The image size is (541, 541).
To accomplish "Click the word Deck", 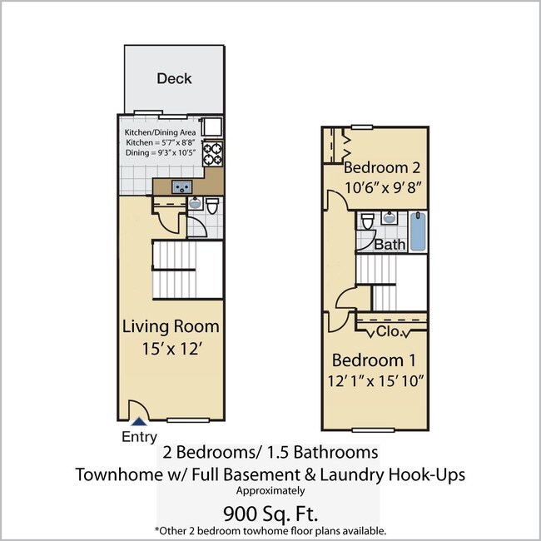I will point(174,78).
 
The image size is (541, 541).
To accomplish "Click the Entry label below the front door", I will point(138,437).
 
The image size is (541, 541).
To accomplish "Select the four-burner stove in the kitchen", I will point(213,156).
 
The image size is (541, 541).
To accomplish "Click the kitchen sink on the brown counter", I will point(182,186).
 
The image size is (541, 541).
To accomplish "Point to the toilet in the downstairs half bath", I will point(211,205).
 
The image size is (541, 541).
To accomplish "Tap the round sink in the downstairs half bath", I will point(195,203).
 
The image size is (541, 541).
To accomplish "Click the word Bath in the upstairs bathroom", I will point(390,245).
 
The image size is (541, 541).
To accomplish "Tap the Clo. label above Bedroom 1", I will point(389,332).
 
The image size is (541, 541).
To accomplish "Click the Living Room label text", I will point(171,325).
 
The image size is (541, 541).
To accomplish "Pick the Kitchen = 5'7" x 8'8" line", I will point(163,143).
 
